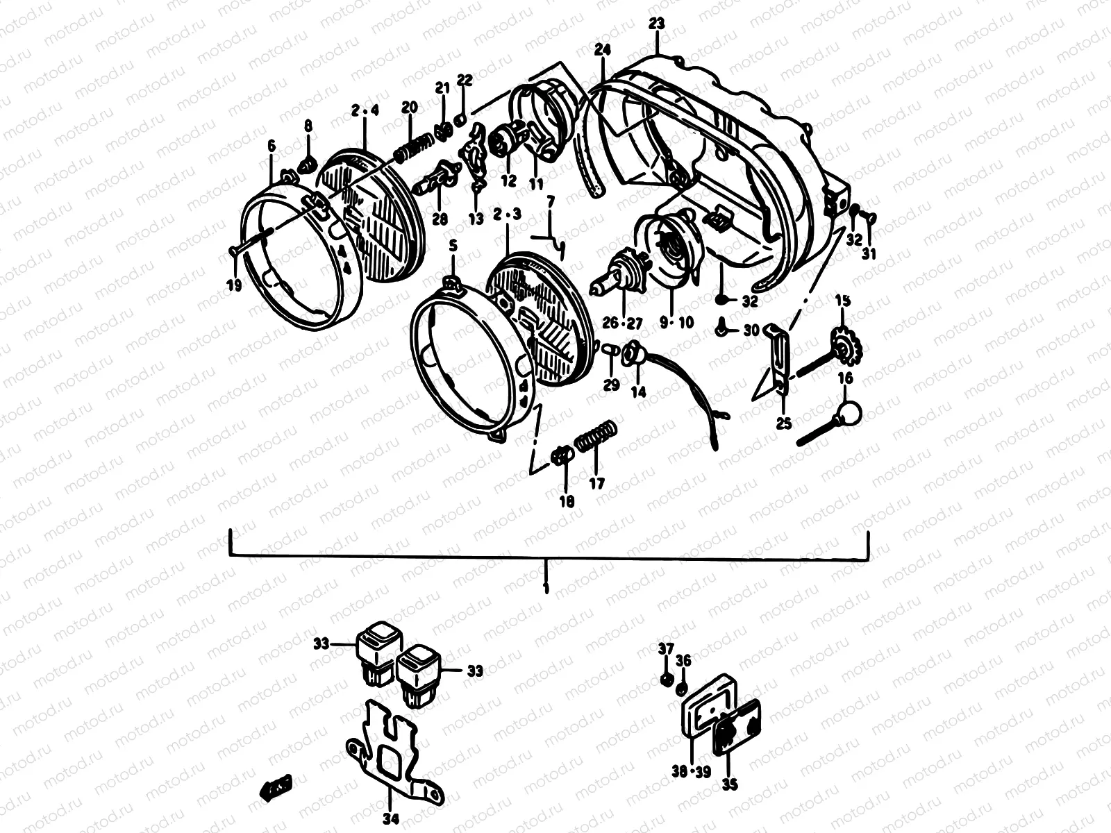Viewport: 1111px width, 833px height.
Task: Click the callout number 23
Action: tap(656, 24)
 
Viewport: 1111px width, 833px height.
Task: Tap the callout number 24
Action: tap(602, 49)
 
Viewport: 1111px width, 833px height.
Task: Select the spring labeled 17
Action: tap(594, 439)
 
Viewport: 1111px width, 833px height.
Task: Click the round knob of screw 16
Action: tap(848, 414)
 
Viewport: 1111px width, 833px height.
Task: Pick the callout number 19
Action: tap(235, 285)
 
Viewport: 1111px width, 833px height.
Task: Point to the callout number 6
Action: tap(271, 146)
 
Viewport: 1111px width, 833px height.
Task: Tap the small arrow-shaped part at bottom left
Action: tap(275, 786)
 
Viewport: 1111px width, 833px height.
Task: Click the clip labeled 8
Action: tap(306, 164)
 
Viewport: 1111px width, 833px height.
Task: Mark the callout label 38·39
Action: tap(692, 772)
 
